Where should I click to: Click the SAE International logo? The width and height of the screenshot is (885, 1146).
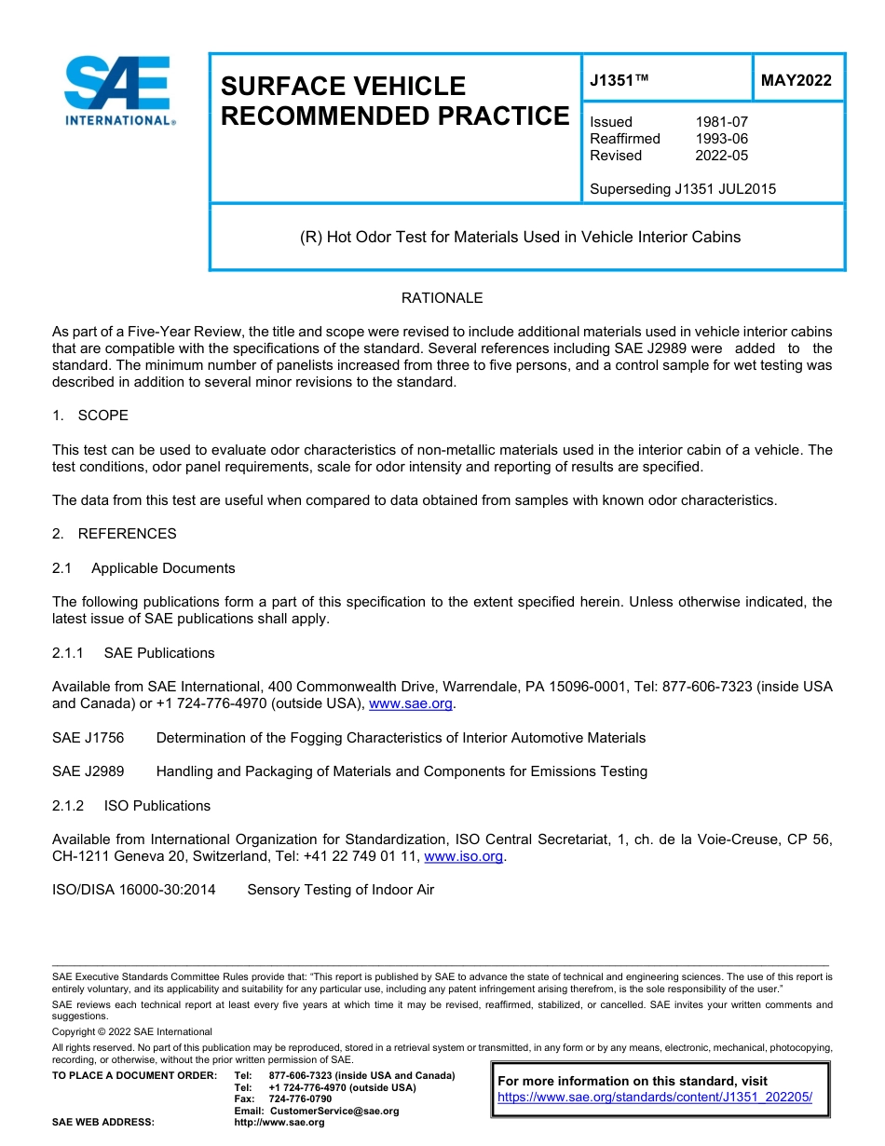[x=118, y=90]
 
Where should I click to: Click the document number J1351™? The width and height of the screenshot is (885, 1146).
[x=619, y=81]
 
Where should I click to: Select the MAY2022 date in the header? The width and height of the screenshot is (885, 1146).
[x=796, y=81]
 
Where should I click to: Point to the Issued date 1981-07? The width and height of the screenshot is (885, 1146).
[x=721, y=122]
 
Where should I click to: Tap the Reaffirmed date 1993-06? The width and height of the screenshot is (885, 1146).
[x=721, y=139]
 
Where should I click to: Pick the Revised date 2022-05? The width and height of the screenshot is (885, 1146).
[x=721, y=156]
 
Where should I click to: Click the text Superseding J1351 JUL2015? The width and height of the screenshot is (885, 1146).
[x=683, y=189]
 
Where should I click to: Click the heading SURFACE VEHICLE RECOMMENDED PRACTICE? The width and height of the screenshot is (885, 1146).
[x=394, y=101]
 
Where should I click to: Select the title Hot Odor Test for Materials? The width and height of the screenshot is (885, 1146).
[x=520, y=237]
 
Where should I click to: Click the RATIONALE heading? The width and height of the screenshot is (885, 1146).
[x=442, y=298]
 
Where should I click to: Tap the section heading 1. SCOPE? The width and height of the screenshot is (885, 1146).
[x=90, y=415]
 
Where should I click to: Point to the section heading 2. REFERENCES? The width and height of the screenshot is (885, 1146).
[x=114, y=534]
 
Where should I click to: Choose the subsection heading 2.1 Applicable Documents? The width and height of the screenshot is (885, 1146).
[x=144, y=568]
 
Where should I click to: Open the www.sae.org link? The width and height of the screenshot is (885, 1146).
[x=411, y=704]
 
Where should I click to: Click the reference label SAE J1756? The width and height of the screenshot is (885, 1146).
[x=88, y=738]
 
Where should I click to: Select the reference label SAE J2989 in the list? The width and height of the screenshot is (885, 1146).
[x=88, y=771]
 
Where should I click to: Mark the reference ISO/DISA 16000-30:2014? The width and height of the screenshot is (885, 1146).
[x=133, y=890]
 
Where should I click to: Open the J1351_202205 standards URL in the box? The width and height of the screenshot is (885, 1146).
[x=655, y=1098]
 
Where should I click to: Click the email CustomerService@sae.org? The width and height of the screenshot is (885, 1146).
[x=334, y=1111]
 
